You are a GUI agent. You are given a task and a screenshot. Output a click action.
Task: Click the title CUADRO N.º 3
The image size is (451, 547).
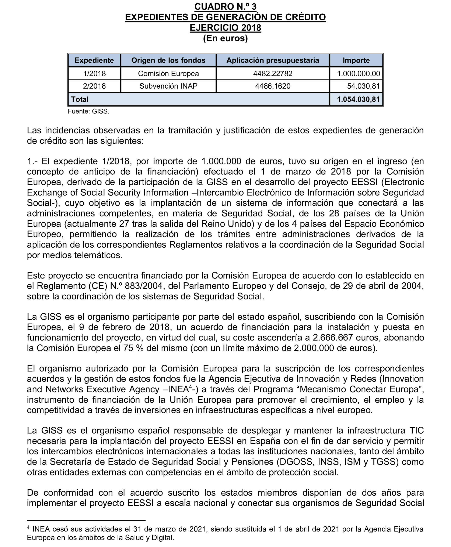225,7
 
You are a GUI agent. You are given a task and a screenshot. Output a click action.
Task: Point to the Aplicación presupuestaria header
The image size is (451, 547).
273,60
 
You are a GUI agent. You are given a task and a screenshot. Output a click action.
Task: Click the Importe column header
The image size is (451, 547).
356,60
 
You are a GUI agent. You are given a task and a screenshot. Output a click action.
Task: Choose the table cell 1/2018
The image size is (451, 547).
94,74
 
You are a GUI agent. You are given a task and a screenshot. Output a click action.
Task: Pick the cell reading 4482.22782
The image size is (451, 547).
273,74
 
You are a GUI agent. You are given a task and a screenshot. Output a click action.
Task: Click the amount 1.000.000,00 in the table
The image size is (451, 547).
358,74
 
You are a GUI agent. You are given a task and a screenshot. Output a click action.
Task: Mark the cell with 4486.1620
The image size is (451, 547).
273,86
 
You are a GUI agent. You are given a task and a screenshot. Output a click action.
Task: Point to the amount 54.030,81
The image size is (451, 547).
363,86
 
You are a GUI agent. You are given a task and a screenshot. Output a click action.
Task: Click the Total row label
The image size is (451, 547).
80,99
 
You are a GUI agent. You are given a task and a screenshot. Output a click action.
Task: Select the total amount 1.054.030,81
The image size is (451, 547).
358,99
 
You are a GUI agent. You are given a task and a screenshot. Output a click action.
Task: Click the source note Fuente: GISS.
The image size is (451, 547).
89,112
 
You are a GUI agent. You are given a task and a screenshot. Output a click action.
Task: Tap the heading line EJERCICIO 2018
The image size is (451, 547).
225,28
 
